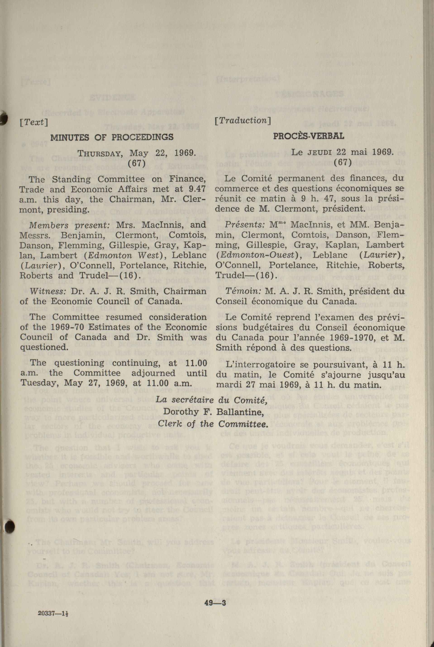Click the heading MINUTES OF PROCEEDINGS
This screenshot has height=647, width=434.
[x=112, y=137]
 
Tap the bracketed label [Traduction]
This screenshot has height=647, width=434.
[x=243, y=120]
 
